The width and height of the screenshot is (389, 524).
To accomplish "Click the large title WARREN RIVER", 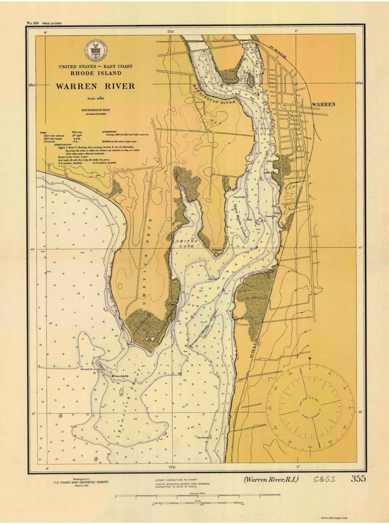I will click(95, 86).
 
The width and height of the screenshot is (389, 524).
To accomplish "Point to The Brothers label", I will click(204, 437).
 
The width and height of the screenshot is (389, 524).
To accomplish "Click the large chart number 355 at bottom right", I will click(358, 479).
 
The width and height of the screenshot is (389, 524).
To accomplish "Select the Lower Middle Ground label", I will click(206, 326).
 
